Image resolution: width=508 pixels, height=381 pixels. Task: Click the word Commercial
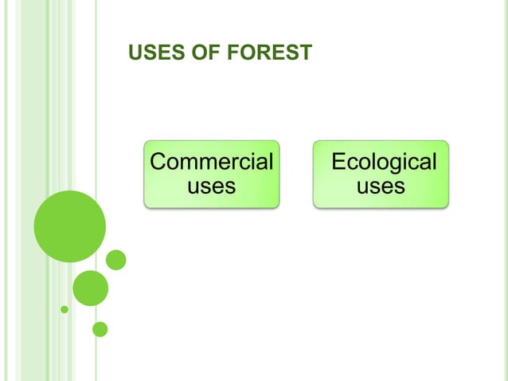click(x=211, y=162)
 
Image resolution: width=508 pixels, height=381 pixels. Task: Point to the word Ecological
click(x=383, y=162)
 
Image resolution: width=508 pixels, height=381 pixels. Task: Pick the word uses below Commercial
click(x=211, y=187)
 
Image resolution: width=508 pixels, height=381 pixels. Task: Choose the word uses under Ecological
click(x=381, y=187)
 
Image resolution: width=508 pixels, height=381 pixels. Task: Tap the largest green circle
click(x=69, y=226)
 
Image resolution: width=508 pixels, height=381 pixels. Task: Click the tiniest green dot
click(x=64, y=309)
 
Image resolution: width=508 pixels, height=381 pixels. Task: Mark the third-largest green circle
click(x=116, y=260)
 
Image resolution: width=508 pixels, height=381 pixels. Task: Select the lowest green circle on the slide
click(x=100, y=328)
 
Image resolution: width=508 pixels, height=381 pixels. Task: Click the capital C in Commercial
click(x=158, y=162)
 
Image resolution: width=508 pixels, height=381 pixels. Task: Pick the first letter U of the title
click(x=134, y=53)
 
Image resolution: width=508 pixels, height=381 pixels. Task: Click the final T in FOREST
click(x=305, y=53)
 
